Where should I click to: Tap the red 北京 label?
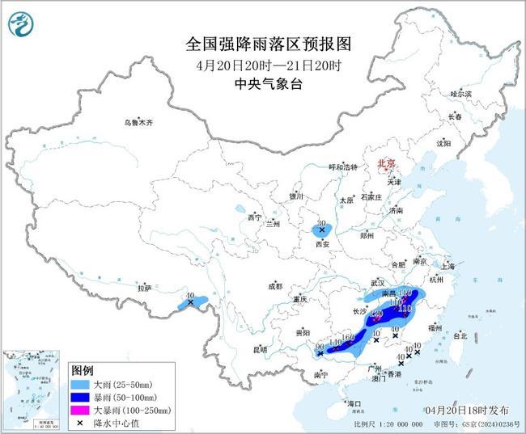point(384,164)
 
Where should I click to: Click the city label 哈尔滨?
point(460,95)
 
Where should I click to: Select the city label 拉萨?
point(144,287)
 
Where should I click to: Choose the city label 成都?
point(276,286)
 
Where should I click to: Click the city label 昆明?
point(260,349)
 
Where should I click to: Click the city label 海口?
point(353,402)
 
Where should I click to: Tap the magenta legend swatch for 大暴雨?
point(80,411)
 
